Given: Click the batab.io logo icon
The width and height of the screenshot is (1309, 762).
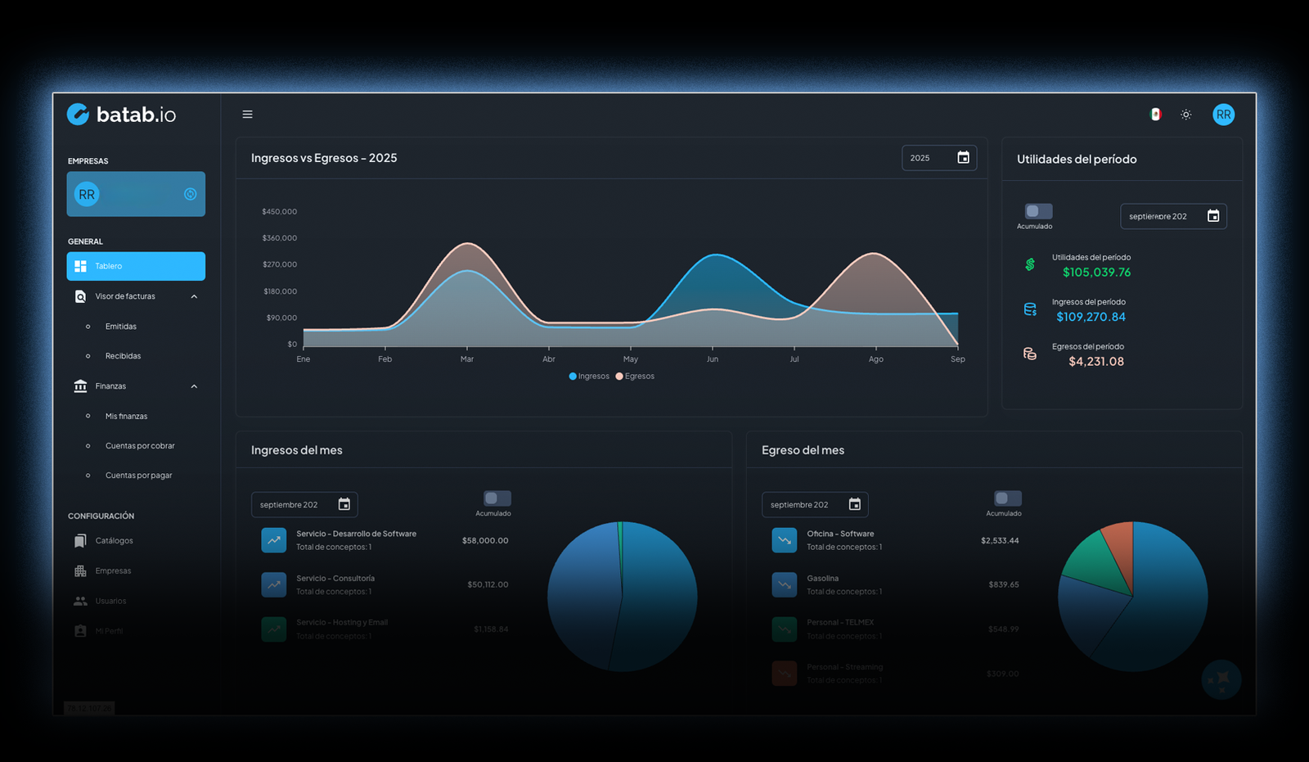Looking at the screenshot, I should (78, 114).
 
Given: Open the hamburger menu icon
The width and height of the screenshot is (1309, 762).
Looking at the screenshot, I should (247, 115).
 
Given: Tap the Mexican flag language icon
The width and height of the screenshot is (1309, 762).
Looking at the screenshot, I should (1155, 115).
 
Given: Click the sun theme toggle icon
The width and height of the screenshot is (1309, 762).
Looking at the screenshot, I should (1185, 115).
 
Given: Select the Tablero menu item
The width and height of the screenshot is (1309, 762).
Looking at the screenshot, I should (136, 266).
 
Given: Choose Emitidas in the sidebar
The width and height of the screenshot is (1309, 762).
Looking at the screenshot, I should (121, 327).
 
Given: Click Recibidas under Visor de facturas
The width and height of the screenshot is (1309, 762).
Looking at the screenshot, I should (123, 356).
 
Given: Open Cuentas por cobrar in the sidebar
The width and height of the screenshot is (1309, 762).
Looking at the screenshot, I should (140, 446).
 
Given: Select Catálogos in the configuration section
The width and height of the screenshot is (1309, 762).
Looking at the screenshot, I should (114, 541).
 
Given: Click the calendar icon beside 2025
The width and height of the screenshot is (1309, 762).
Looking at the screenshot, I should (963, 158).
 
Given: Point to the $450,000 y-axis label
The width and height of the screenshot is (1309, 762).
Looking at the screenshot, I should (279, 212).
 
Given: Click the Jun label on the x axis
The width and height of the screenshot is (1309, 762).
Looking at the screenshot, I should (713, 359).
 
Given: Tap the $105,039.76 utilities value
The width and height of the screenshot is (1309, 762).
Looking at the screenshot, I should (1096, 273).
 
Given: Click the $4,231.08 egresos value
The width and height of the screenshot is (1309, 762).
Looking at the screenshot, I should (1096, 362).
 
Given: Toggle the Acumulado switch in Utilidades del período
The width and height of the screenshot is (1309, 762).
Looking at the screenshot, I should (1037, 211).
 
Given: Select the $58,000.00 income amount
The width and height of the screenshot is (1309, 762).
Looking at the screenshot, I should (485, 541).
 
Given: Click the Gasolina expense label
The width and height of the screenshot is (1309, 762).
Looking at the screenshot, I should (822, 579).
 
